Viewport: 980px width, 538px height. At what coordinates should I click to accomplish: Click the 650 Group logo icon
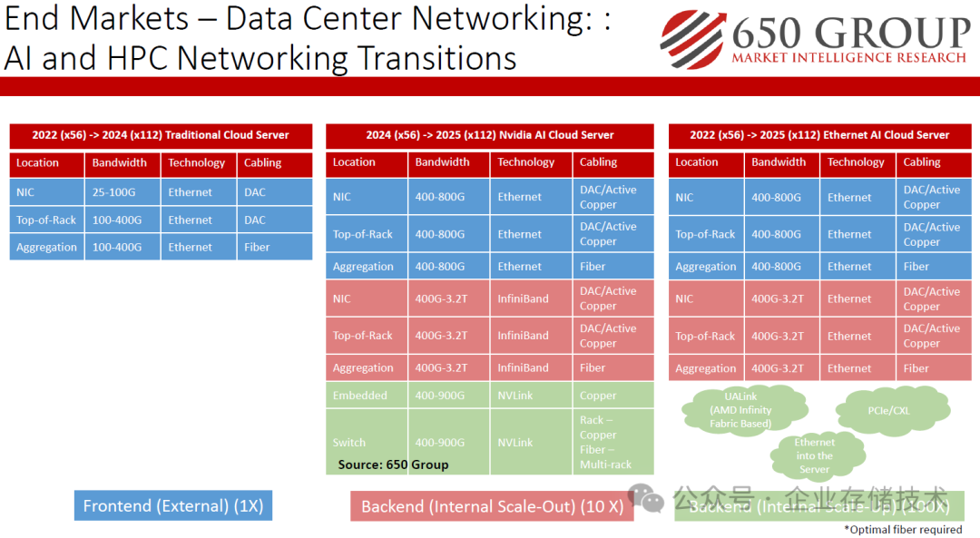692,39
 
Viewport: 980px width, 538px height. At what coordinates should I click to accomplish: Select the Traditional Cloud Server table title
161,135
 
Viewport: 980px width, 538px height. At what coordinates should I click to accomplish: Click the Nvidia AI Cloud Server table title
490,135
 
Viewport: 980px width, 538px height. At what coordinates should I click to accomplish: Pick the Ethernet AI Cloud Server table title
819,135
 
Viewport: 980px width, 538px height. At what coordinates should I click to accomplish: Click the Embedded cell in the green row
360,396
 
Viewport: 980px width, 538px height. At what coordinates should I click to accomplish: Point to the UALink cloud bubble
740,410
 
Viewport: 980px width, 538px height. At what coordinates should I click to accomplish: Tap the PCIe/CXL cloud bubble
888,410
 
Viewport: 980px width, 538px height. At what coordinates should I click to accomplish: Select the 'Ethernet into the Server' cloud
814,455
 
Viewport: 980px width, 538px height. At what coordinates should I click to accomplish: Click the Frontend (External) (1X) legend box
173,506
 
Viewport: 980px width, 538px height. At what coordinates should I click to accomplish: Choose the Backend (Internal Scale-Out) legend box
492,506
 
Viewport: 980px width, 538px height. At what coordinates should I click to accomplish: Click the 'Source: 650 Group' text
393,465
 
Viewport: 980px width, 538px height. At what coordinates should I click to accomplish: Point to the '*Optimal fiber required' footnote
902,529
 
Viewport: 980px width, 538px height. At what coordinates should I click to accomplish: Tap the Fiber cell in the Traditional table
257,247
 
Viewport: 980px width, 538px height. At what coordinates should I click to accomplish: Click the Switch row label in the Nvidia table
349,443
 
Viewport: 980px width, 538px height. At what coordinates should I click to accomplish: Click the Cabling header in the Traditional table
262,163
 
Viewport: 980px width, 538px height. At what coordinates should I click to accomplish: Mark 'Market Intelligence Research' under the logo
848,58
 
